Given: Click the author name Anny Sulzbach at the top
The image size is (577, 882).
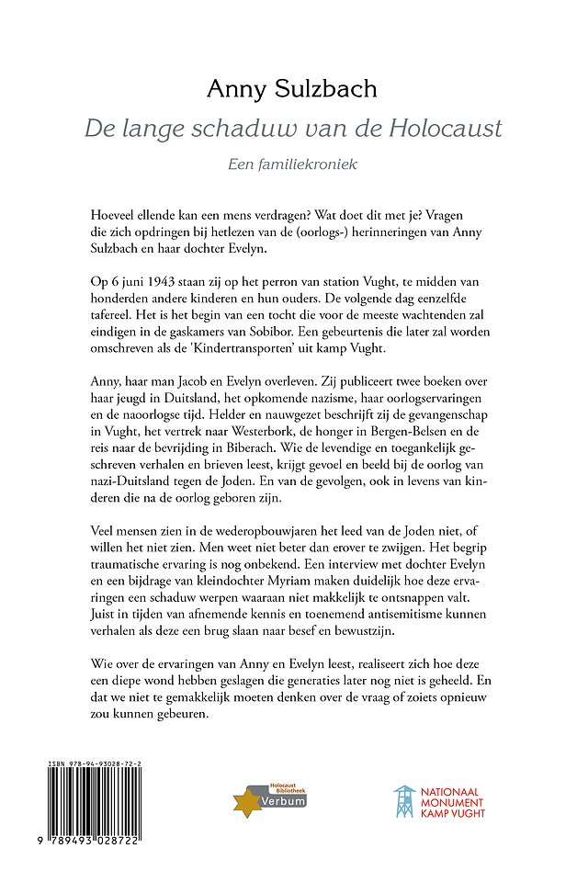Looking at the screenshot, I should [288, 88].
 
